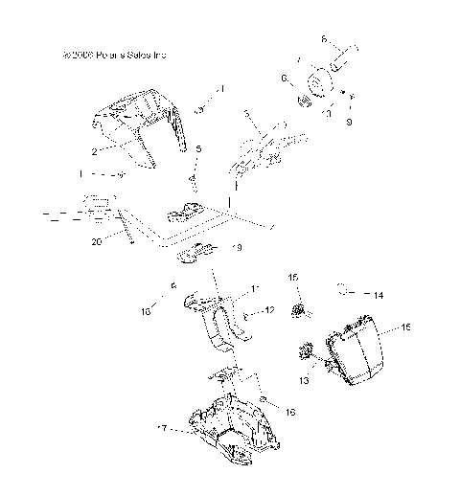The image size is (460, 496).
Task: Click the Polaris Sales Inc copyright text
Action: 113,56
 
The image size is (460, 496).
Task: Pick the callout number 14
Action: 378,296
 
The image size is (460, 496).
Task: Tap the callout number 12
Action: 270,309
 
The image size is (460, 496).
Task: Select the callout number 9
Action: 349,122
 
